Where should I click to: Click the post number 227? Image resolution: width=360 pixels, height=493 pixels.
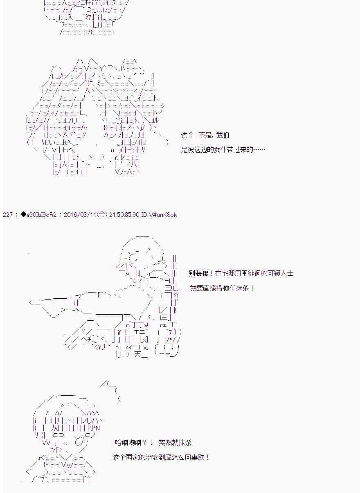tap(8, 214)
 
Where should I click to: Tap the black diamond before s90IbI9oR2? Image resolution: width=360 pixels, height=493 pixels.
tap(23, 214)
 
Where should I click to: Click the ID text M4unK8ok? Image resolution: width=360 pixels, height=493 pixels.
tap(162, 214)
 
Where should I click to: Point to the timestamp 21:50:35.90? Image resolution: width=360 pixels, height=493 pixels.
tap(124, 214)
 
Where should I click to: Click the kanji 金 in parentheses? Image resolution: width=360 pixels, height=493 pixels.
tap(101, 214)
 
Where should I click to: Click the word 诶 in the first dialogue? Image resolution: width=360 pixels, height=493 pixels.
tap(184, 135)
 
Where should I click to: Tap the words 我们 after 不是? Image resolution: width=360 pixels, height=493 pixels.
tap(223, 135)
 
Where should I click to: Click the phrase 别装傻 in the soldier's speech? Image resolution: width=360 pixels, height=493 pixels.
tap(198, 273)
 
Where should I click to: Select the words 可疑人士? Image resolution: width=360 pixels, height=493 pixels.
tap(281, 273)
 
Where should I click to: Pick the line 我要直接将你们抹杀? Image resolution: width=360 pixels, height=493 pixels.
tap(222, 288)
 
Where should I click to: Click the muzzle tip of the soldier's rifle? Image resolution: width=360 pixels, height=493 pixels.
tap(30, 302)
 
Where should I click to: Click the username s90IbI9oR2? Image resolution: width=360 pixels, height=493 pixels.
tap(42, 214)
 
